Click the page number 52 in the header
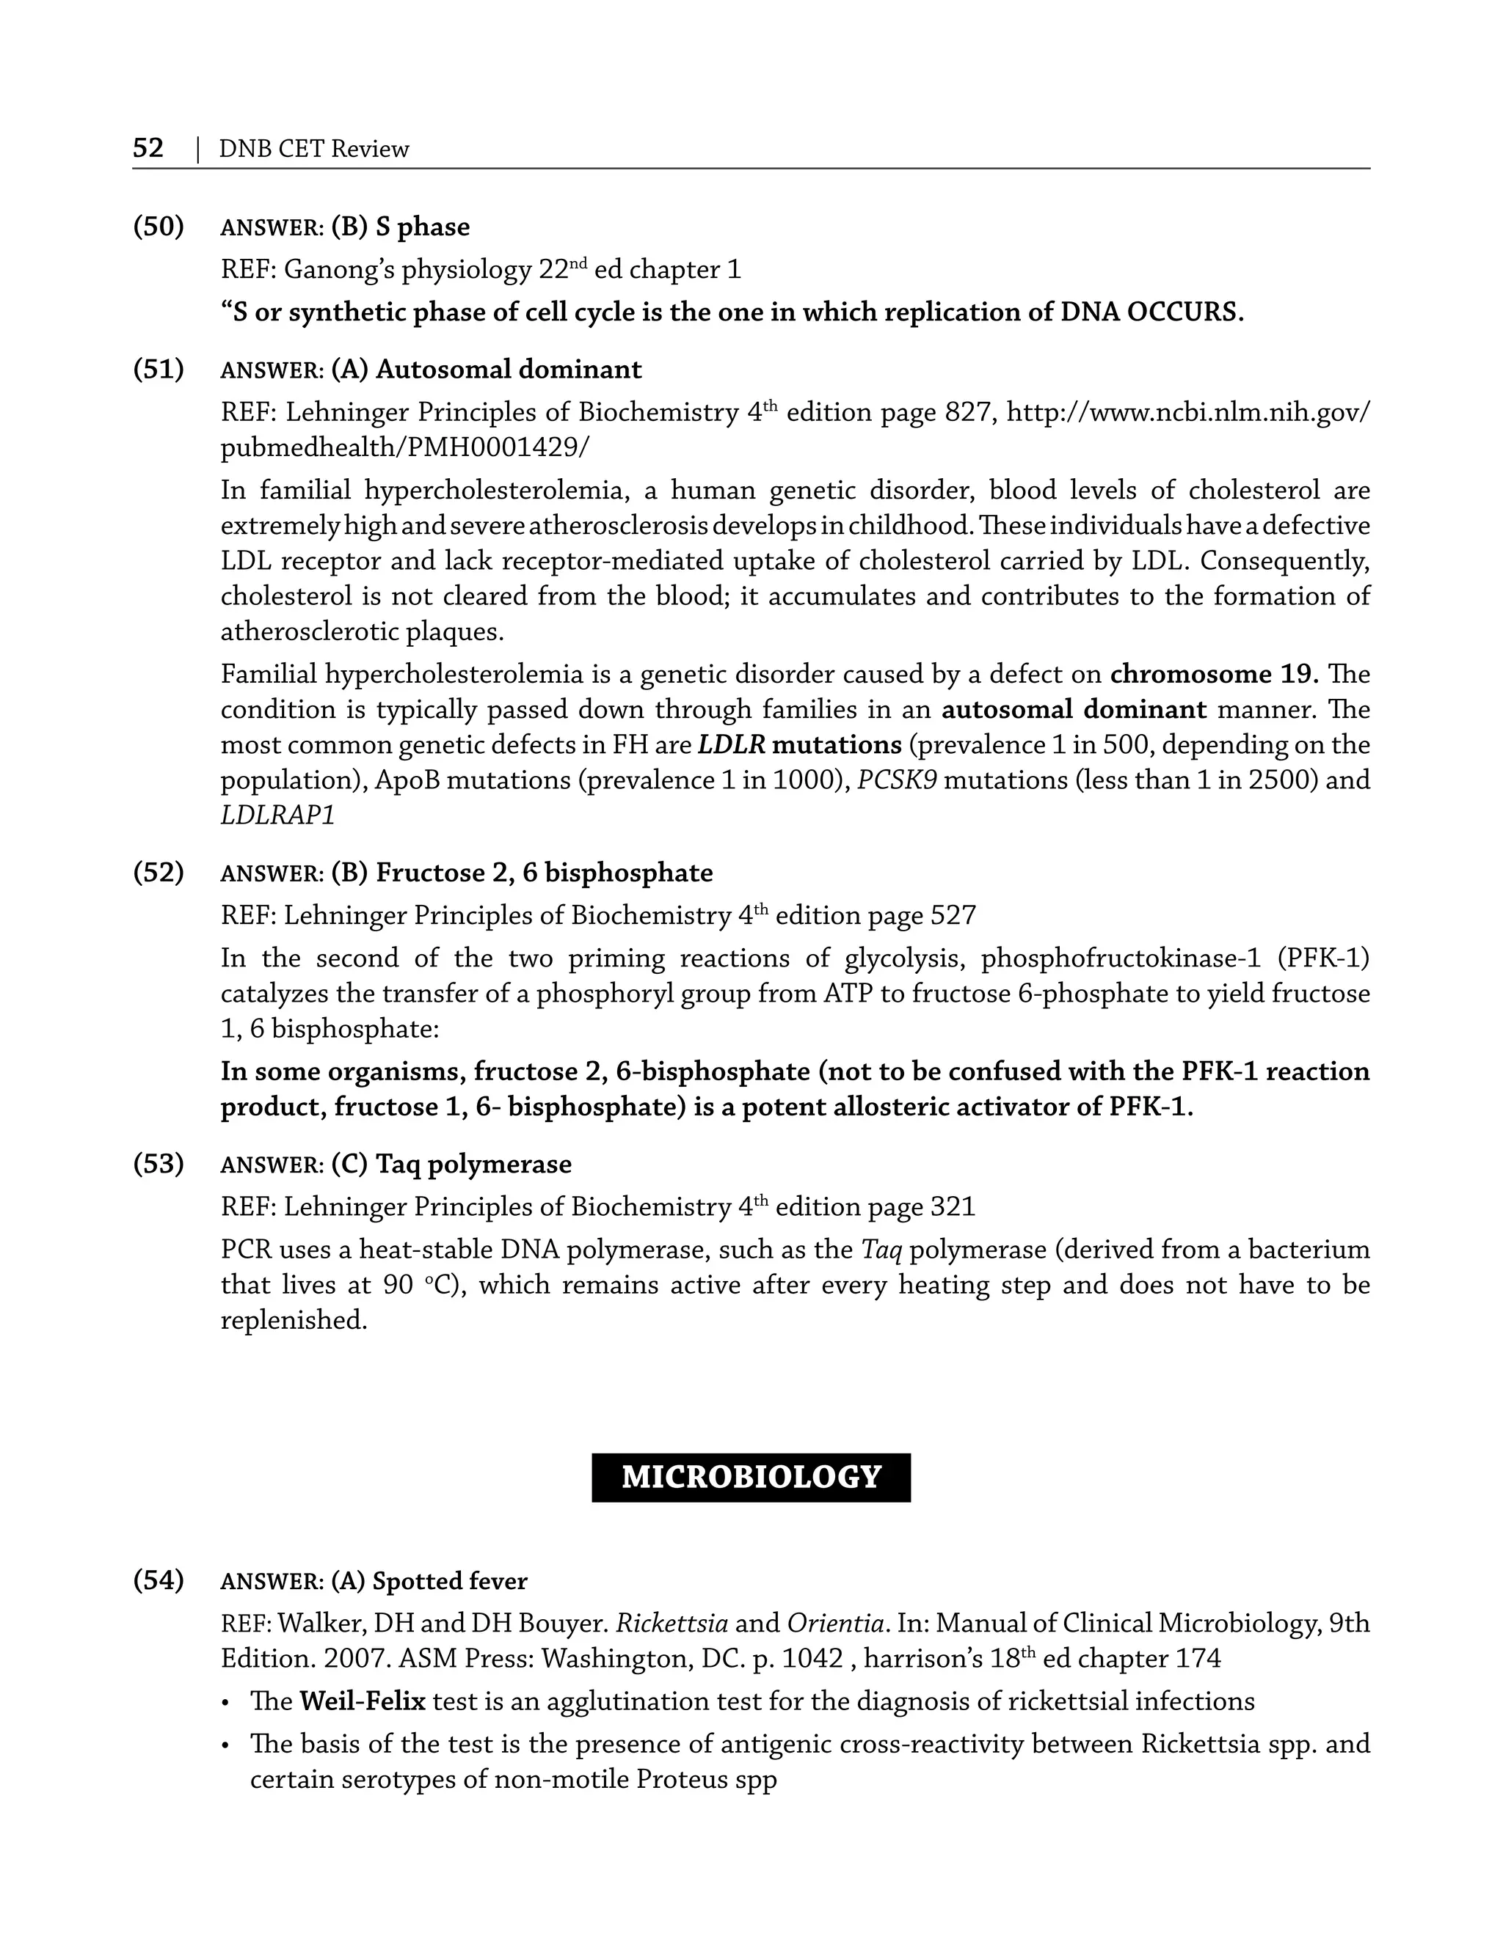[x=148, y=148]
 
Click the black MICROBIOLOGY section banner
[x=751, y=1477]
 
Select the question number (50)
[x=158, y=227]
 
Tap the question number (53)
[x=158, y=1163]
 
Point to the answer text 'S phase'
[x=422, y=227]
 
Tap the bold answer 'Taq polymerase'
[x=473, y=1165]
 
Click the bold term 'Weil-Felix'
[x=362, y=1701]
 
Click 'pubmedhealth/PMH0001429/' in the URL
[x=404, y=447]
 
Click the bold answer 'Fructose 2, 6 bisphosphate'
[x=544, y=873]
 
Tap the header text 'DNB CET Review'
[x=314, y=149]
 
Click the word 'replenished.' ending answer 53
[x=294, y=1320]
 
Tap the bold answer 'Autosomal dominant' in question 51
[x=509, y=369]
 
